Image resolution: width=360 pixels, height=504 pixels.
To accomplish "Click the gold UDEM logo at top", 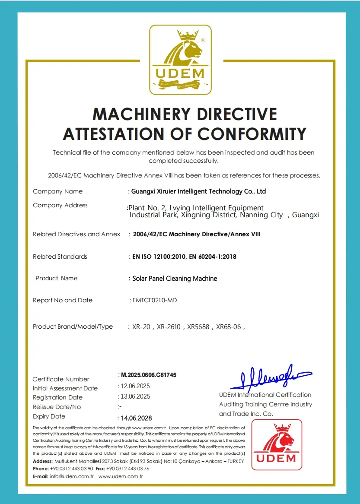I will [x=180, y=60].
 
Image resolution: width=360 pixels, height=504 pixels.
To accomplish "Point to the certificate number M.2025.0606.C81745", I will [x=148, y=375].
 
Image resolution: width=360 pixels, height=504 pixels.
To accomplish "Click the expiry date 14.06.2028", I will [x=136, y=418].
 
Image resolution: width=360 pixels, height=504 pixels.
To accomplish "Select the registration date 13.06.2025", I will [x=135, y=396].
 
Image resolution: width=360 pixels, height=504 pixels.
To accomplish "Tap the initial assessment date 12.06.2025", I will [x=135, y=386].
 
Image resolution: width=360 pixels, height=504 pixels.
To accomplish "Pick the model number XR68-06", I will [x=228, y=327].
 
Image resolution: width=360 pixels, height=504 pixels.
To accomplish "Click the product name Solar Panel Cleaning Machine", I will [x=174, y=279].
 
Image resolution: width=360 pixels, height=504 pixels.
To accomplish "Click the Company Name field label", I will [x=57, y=191].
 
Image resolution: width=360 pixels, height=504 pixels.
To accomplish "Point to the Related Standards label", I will [x=60, y=257].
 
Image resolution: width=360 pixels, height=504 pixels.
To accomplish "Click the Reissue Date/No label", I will [x=57, y=407].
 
